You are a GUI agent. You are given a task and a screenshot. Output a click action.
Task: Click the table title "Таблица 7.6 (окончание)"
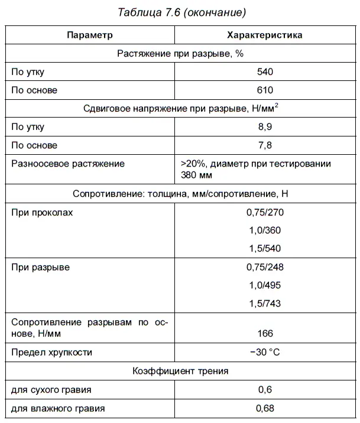(181, 12)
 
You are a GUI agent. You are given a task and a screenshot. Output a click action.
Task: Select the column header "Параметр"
(89, 35)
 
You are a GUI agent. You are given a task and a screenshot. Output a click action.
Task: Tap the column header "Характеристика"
(265, 35)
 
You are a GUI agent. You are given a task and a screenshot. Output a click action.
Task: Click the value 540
(265, 72)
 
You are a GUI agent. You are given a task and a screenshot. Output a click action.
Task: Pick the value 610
(265, 90)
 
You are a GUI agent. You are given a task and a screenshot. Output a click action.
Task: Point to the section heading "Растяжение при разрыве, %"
(180, 53)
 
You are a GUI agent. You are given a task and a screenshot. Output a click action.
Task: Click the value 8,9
(265, 127)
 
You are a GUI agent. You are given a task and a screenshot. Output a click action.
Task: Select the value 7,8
(265, 145)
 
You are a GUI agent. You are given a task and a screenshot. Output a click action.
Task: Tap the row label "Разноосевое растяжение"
(68, 164)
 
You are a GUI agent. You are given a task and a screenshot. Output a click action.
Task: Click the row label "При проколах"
(43, 213)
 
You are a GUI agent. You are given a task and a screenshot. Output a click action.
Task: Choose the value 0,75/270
(265, 213)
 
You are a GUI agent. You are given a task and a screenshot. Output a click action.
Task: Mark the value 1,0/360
(265, 231)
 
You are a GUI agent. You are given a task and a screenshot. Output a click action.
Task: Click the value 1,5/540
(265, 249)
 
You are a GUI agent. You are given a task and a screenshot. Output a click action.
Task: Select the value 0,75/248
(265, 267)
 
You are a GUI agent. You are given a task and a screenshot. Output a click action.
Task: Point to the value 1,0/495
(265, 285)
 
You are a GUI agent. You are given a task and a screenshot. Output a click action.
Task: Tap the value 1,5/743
(265, 304)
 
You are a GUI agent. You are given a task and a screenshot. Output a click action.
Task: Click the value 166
(265, 334)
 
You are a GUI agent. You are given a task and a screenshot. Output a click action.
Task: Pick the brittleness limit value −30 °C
(265, 353)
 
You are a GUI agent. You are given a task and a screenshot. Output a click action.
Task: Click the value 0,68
(265, 408)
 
